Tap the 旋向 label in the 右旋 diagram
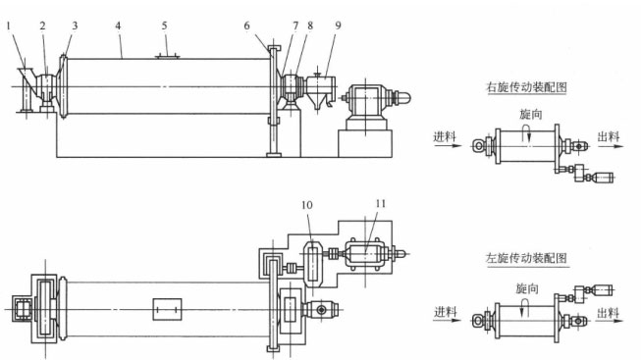pos(528,115)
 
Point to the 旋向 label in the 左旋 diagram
pos(528,288)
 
